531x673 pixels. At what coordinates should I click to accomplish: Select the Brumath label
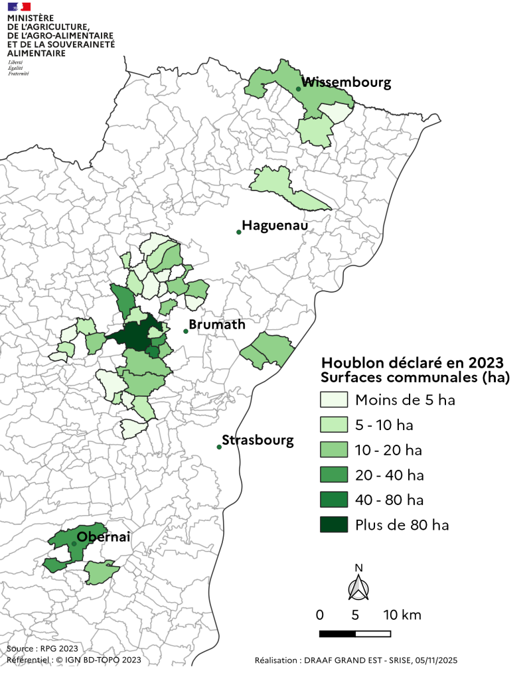click(x=217, y=325)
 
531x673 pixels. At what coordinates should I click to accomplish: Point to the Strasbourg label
click(x=258, y=440)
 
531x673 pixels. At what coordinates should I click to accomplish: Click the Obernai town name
click(x=104, y=536)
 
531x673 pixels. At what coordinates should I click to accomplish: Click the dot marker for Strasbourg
click(x=219, y=447)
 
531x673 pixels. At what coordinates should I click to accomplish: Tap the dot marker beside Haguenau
click(x=239, y=232)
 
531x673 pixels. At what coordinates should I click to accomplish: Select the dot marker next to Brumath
click(x=186, y=331)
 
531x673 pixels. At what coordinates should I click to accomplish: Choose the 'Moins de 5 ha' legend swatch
click(x=334, y=400)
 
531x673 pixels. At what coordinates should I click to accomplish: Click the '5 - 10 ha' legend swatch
click(x=334, y=425)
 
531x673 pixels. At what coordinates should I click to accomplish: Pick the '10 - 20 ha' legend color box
click(x=334, y=450)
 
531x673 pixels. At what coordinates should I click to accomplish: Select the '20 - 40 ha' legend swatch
click(x=334, y=475)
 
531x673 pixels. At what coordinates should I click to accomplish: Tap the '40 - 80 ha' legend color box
click(x=334, y=500)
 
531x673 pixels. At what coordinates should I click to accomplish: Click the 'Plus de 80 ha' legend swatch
click(x=334, y=525)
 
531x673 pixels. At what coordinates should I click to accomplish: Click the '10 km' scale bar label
click(x=402, y=615)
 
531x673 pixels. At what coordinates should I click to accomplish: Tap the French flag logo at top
click(x=19, y=6)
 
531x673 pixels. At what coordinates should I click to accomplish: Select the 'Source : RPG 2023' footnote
click(x=42, y=648)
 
